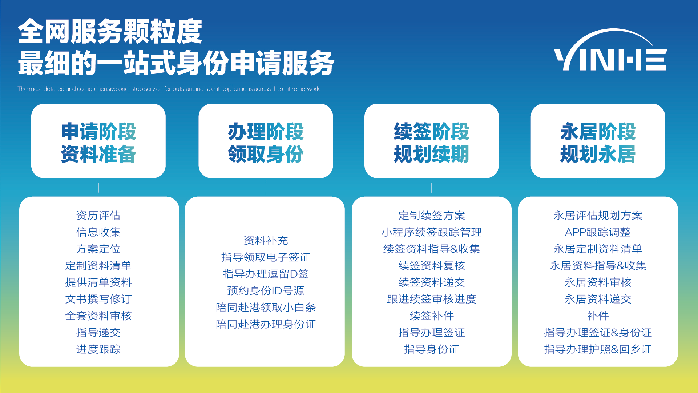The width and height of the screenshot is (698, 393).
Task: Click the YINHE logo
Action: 610,51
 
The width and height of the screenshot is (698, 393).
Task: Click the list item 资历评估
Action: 98,216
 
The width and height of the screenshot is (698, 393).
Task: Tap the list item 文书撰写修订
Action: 98,299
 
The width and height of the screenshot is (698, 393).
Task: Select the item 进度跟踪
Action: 98,349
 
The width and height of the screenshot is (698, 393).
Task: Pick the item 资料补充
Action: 266,241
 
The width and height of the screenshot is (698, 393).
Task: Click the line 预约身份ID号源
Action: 266,291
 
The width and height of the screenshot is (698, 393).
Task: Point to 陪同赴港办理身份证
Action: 266,324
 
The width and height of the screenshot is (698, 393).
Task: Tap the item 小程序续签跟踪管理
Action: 431,232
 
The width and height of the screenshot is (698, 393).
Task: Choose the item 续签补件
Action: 431,316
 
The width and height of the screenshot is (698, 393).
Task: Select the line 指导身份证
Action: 431,349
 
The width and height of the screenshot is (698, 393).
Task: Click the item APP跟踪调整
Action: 598,232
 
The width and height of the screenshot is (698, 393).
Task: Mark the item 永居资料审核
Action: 598,282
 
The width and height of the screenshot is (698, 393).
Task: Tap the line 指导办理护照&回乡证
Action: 598,349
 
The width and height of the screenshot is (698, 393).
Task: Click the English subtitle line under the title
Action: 169,89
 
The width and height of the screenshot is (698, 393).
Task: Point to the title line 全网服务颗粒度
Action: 110,32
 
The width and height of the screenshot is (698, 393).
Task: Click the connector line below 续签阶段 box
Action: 432,188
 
